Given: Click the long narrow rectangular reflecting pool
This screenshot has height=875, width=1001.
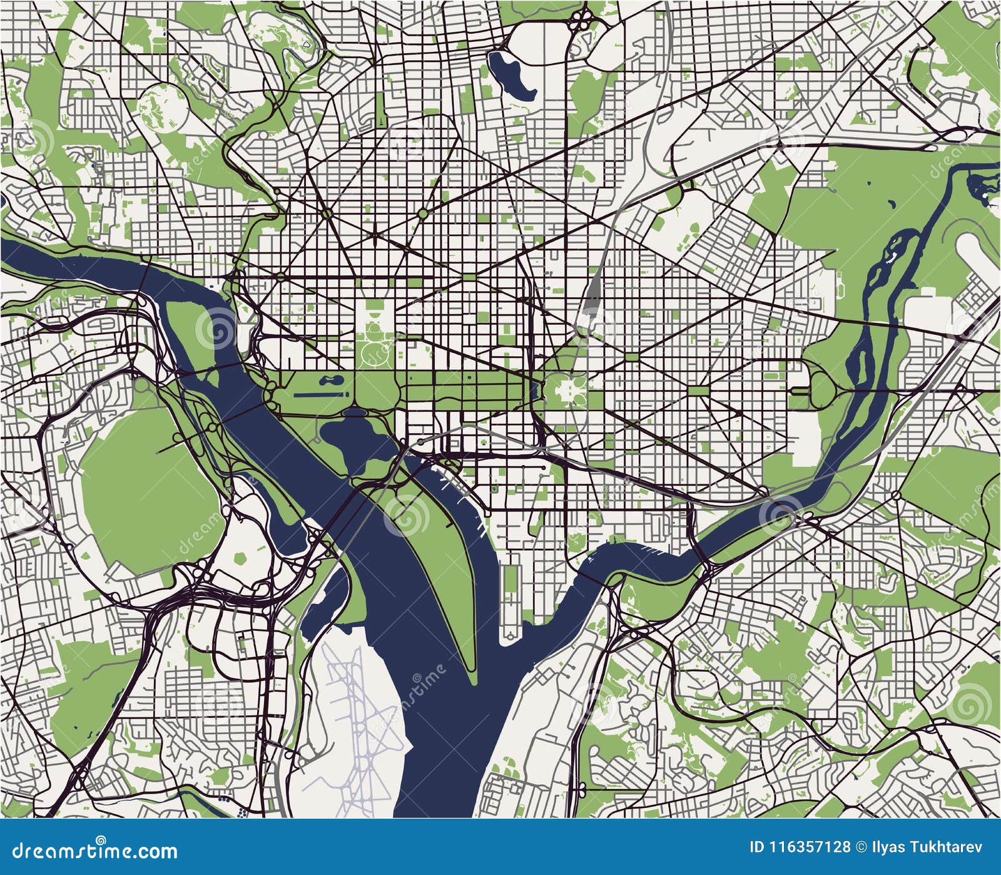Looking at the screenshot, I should (319, 394).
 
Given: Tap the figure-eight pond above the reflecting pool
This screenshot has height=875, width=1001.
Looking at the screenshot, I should (329, 380).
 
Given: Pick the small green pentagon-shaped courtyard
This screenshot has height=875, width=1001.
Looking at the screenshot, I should (240, 556).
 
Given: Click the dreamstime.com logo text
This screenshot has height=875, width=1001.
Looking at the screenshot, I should (89, 851).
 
